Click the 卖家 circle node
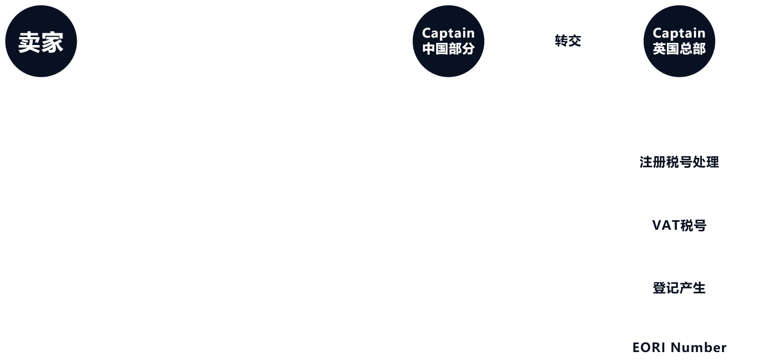click(x=41, y=42)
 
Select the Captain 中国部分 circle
click(x=448, y=42)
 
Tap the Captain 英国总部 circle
click(x=679, y=42)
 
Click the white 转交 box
click(x=568, y=41)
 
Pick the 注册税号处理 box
click(x=679, y=162)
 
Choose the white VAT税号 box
click(x=679, y=226)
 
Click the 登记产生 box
click(x=679, y=289)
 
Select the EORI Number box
click(x=679, y=347)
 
